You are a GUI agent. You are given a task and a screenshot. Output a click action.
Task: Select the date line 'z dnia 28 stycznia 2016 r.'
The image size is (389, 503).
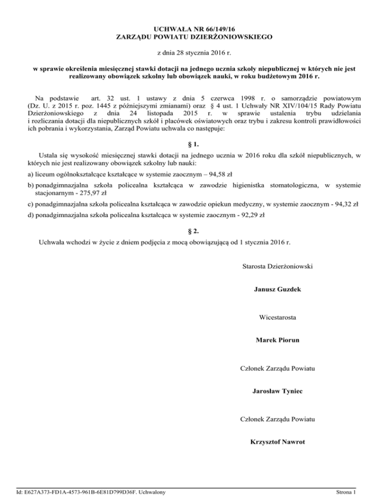pos(194,53)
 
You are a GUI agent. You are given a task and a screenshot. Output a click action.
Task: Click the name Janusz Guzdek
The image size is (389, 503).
pos(278,289)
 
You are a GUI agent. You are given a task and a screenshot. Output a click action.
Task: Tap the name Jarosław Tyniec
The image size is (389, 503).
pos(278,391)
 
